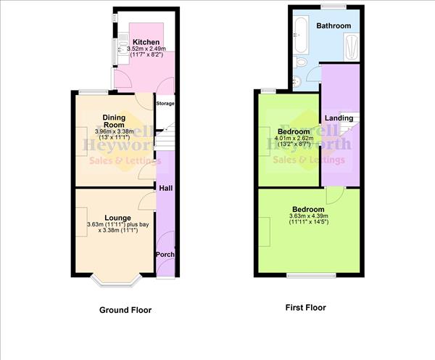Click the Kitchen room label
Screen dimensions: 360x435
(145, 42)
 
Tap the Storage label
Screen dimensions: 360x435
(165, 104)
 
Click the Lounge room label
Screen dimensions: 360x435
(117, 217)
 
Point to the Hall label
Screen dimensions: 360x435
(165, 188)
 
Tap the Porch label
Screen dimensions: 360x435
(165, 255)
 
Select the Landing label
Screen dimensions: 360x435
(339, 118)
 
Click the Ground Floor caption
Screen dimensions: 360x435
(125, 310)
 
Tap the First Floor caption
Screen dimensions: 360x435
(305, 308)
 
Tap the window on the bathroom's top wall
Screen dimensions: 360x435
(334, 7)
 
